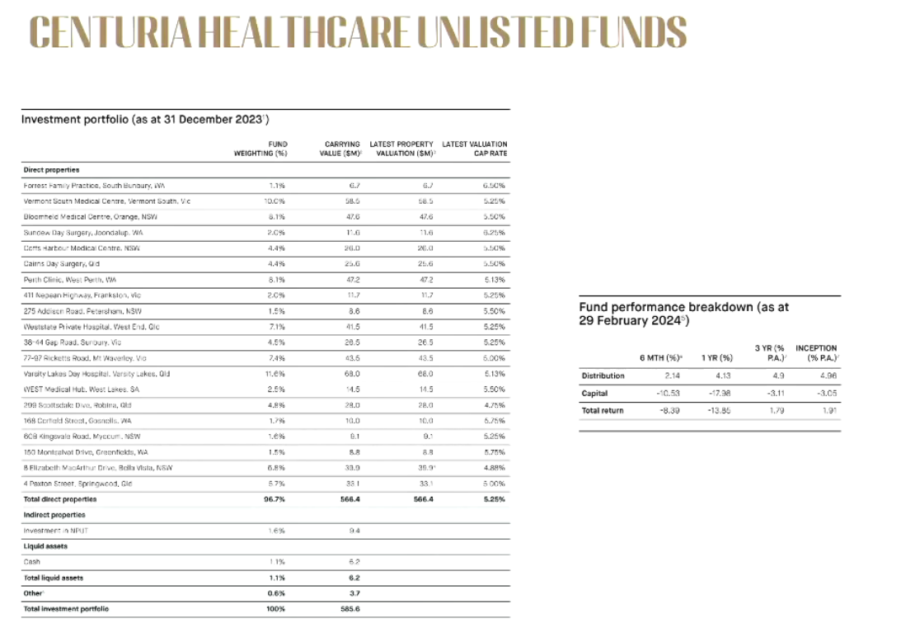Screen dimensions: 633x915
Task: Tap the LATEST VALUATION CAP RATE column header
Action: point(475,149)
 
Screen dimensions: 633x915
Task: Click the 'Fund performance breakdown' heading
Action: point(683,313)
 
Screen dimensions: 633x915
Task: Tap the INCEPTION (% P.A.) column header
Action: point(816,353)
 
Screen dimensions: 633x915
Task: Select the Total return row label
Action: point(603,410)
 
